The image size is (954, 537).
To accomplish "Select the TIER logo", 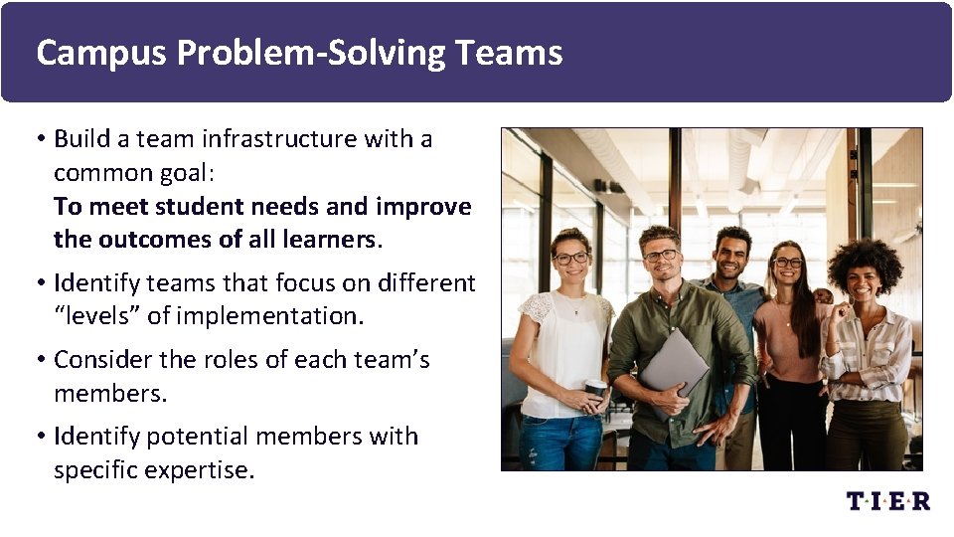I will [x=888, y=501].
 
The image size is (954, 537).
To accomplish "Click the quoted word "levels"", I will [x=94, y=316].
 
